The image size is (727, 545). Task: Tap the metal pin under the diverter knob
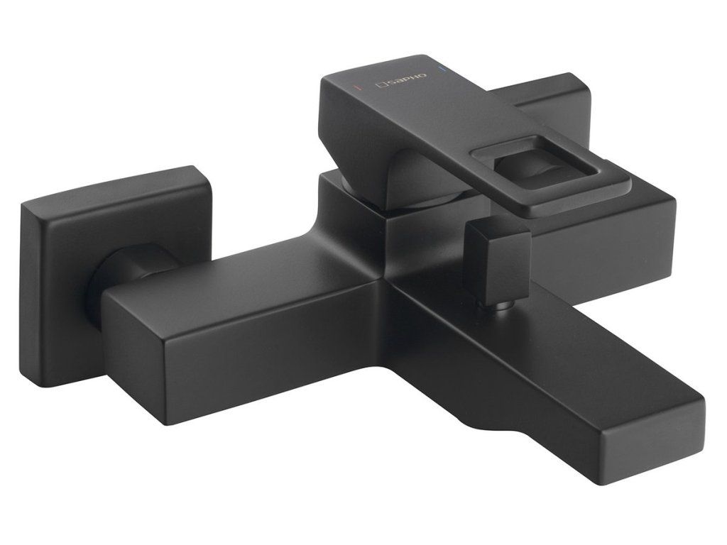point(500,309)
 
